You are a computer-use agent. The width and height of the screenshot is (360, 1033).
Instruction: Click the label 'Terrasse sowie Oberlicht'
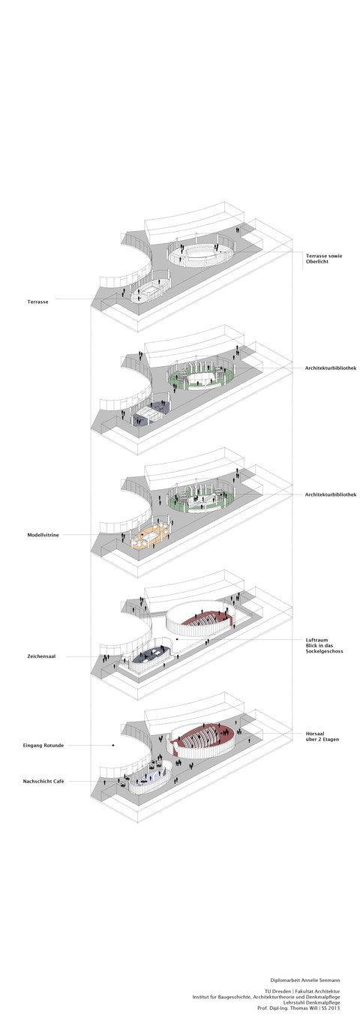324,258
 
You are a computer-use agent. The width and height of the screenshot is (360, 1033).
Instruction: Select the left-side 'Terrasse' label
37,302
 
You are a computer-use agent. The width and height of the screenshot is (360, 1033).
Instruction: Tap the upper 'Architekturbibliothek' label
331,368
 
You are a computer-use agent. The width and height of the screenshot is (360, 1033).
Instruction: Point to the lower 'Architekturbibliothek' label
331,494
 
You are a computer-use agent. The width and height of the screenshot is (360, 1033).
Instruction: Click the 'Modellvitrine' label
43,535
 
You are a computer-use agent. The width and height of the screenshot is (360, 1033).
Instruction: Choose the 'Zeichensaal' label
41,656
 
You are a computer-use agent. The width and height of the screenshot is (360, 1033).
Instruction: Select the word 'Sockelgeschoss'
324,651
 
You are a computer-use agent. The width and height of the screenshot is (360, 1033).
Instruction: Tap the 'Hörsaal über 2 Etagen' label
322,736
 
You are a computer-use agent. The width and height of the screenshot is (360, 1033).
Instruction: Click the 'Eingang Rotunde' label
43,745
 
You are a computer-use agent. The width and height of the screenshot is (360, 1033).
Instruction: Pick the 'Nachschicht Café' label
43,781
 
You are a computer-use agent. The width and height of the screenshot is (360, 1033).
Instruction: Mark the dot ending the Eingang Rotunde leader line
113,745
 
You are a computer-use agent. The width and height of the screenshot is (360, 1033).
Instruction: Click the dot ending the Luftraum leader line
176,639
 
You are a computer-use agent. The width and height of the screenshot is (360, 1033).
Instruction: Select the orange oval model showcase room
151,537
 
